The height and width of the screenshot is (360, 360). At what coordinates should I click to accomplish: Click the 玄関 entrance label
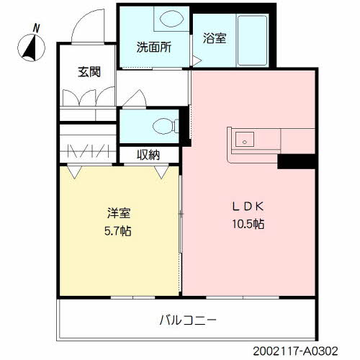(x=89, y=71)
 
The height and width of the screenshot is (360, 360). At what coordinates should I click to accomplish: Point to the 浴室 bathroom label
(x=215, y=38)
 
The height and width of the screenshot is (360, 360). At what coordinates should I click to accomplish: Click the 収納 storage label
(x=149, y=154)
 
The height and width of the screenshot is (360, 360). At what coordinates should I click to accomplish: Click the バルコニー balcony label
(x=186, y=318)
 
